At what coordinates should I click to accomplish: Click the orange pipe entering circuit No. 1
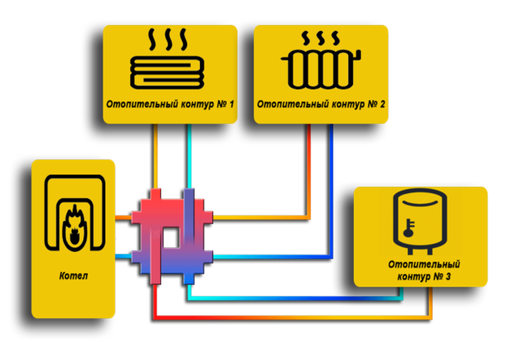pyautogui.click(x=155, y=154)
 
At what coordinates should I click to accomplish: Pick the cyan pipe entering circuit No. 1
pyautogui.click(x=188, y=154)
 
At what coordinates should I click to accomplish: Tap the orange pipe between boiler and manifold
pyautogui.click(x=124, y=218)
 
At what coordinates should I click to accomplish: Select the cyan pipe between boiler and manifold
pyautogui.click(x=124, y=258)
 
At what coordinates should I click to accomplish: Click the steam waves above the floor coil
pyautogui.click(x=168, y=39)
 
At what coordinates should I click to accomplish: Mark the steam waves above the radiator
pyautogui.click(x=320, y=38)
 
